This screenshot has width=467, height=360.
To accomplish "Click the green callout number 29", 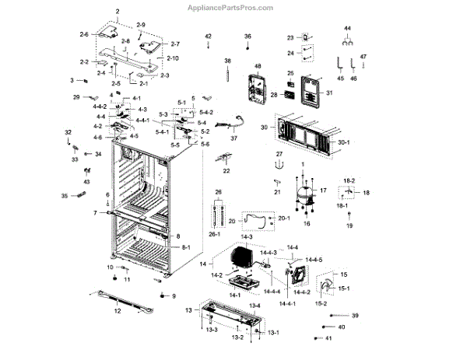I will tap(77, 97).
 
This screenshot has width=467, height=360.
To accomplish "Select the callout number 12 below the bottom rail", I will tap(118, 311).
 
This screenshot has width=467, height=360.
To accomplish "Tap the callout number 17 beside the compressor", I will tap(324, 190).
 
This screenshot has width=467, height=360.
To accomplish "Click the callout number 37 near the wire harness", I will tap(233, 138).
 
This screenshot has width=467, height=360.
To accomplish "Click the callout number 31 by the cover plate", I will tap(329, 93).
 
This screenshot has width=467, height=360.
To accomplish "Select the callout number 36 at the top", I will tap(248, 37).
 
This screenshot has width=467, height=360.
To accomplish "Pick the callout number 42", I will tap(208, 37).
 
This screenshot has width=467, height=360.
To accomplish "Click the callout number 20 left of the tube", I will tap(231, 221).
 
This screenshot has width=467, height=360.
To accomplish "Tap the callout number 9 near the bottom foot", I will tap(174, 296).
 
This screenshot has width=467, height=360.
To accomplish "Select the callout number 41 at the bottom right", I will tap(329, 339).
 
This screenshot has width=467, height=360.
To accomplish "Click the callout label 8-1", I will tap(185, 246).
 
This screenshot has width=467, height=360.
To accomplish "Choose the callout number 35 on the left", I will tap(65, 197).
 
